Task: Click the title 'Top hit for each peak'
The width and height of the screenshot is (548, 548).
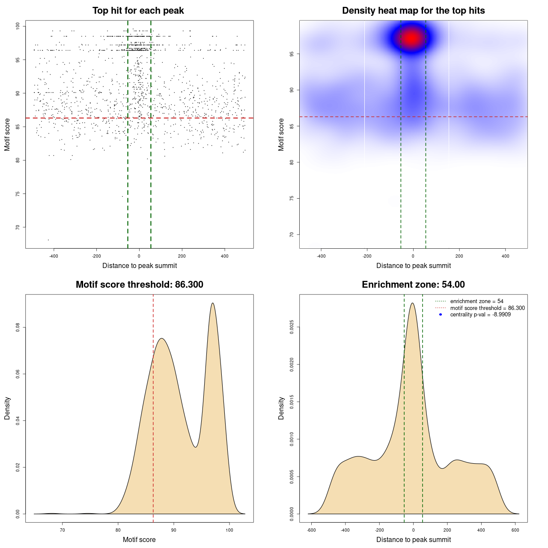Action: (x=138, y=11)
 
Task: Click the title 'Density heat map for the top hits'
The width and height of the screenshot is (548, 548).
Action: (x=414, y=11)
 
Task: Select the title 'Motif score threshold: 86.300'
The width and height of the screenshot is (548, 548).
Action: (x=140, y=285)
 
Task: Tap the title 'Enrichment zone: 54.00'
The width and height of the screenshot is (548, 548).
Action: (x=414, y=285)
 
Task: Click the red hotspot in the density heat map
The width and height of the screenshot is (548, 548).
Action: (x=412, y=38)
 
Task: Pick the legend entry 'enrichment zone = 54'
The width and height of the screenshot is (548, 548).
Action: (x=477, y=301)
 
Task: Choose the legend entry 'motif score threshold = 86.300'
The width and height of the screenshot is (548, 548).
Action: (x=487, y=308)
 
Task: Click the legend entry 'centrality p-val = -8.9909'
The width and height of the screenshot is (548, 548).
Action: (x=480, y=315)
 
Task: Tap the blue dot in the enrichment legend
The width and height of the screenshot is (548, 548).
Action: (x=441, y=315)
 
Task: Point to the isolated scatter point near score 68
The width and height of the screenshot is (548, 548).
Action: (x=48, y=240)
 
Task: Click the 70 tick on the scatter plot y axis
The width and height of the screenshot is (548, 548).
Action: (x=18, y=227)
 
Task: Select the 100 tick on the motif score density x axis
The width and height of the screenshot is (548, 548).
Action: (x=229, y=530)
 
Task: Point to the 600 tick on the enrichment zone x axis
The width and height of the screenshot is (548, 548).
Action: (x=515, y=530)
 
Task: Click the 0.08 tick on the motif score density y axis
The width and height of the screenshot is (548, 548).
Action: (x=18, y=328)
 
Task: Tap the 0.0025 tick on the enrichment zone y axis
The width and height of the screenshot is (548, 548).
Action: (x=292, y=328)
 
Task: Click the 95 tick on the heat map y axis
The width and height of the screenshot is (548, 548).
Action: (x=291, y=54)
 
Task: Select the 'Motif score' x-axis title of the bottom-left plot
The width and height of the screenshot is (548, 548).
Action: (x=139, y=539)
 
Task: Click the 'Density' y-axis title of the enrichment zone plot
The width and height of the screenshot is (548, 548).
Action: (x=281, y=408)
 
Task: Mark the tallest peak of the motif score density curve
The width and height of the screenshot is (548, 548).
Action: (x=213, y=303)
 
